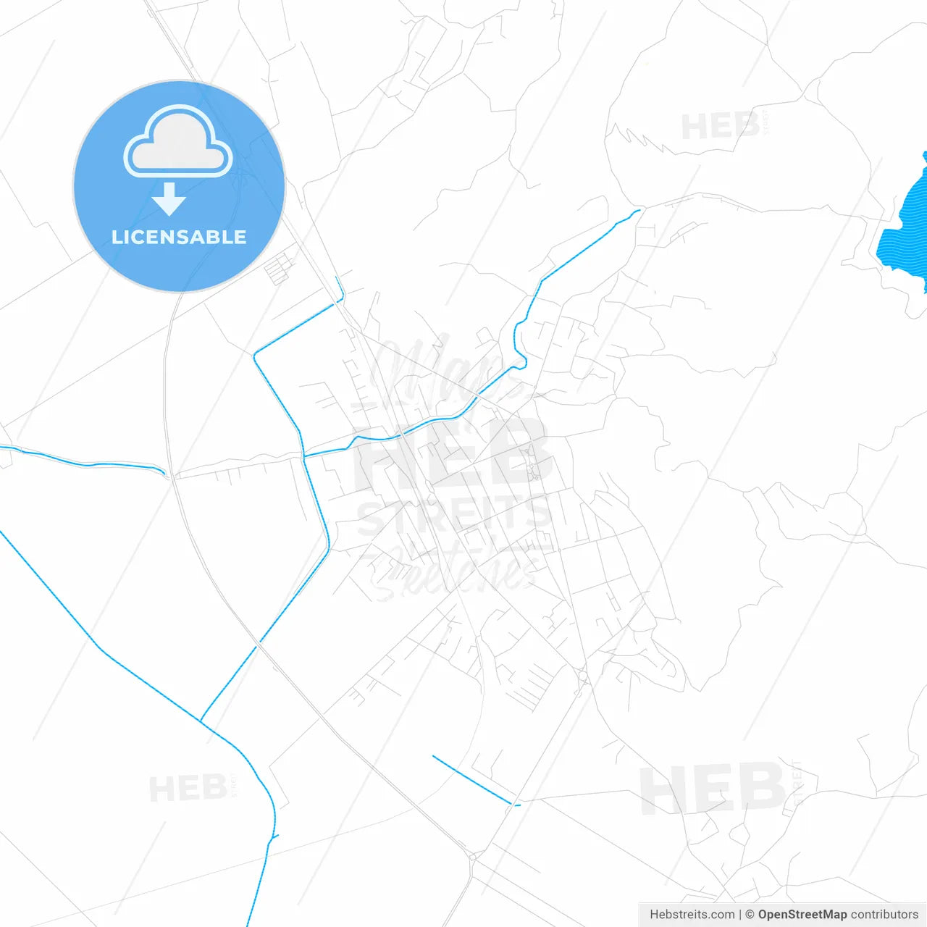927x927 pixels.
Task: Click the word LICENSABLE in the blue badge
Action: [179, 238]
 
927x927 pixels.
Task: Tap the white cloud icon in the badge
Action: [178, 143]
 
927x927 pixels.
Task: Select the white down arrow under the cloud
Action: [169, 199]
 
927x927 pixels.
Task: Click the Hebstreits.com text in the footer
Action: [692, 915]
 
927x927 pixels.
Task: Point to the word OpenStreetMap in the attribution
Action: [802, 915]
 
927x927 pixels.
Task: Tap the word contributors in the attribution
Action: [884, 915]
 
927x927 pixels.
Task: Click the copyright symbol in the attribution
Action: [750, 915]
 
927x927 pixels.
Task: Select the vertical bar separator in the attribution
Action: [740, 915]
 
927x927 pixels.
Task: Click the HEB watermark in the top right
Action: [720, 127]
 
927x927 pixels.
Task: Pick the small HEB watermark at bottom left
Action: [188, 788]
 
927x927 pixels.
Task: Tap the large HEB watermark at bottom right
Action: [713, 788]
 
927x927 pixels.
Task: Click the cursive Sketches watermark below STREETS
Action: [453, 572]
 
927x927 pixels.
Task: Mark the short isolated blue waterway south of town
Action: [474, 781]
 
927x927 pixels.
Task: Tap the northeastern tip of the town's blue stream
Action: [638, 211]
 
